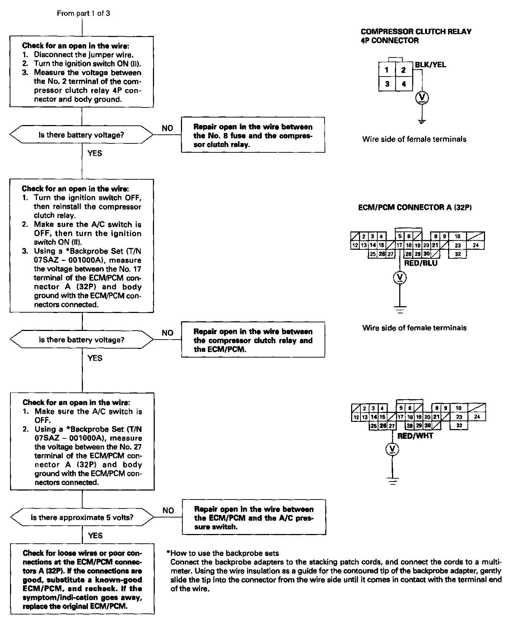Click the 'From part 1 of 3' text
[83, 13]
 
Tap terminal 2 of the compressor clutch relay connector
[404, 70]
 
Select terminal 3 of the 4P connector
[387, 84]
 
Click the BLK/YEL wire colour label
[430, 65]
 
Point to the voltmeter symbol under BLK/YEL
[422, 97]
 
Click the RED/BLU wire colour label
[421, 263]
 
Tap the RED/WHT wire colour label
[415, 436]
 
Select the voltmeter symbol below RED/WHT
[392, 449]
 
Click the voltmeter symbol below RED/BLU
[400, 277]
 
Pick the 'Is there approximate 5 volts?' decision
[82, 517]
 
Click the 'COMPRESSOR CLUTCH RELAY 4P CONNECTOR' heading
[416, 36]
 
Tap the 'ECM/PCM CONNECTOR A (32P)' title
[415, 207]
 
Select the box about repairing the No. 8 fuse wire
[253, 135]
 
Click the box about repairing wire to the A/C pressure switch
[254, 517]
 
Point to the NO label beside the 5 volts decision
[168, 510]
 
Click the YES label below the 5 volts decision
[95, 535]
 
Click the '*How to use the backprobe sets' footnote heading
[223, 553]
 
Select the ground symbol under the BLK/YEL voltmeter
[422, 121]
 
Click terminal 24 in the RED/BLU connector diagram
[475, 245]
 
